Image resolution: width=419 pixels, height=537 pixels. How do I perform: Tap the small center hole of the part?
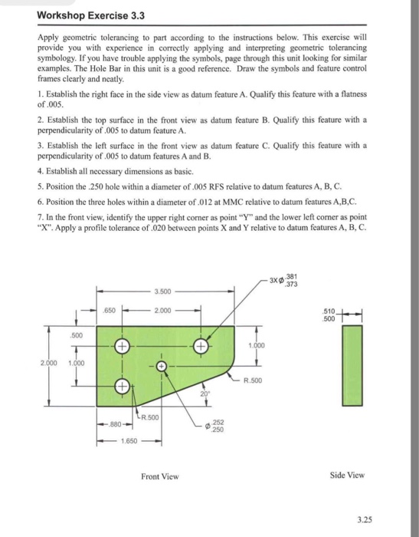pyautogui.click(x=162, y=366)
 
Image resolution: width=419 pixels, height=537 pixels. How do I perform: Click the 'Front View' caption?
pyautogui.click(x=160, y=476)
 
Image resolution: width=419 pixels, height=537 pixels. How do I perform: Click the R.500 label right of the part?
pyautogui.click(x=254, y=380)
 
